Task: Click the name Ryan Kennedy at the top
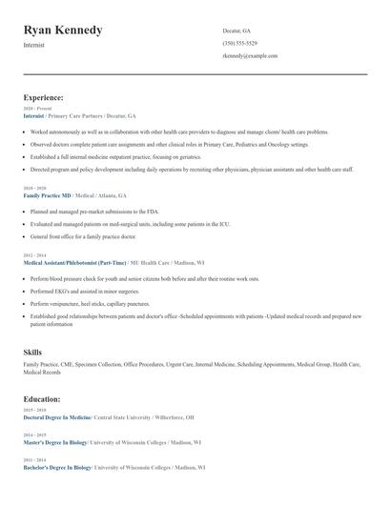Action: point(63,30)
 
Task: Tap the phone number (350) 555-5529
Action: point(239,43)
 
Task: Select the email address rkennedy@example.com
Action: point(250,55)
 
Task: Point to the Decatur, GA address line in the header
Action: point(237,30)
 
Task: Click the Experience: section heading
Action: point(44,97)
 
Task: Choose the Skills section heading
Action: point(32,353)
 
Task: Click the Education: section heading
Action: point(43,400)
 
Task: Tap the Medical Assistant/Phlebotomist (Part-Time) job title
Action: point(72,261)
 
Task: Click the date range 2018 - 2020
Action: point(34,189)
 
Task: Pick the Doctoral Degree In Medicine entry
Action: point(57,417)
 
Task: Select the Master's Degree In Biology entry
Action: point(56,443)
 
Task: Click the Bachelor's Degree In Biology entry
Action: point(57,468)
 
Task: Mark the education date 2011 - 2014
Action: point(34,461)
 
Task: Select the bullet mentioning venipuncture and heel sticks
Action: point(91,303)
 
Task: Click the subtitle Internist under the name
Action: point(34,46)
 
